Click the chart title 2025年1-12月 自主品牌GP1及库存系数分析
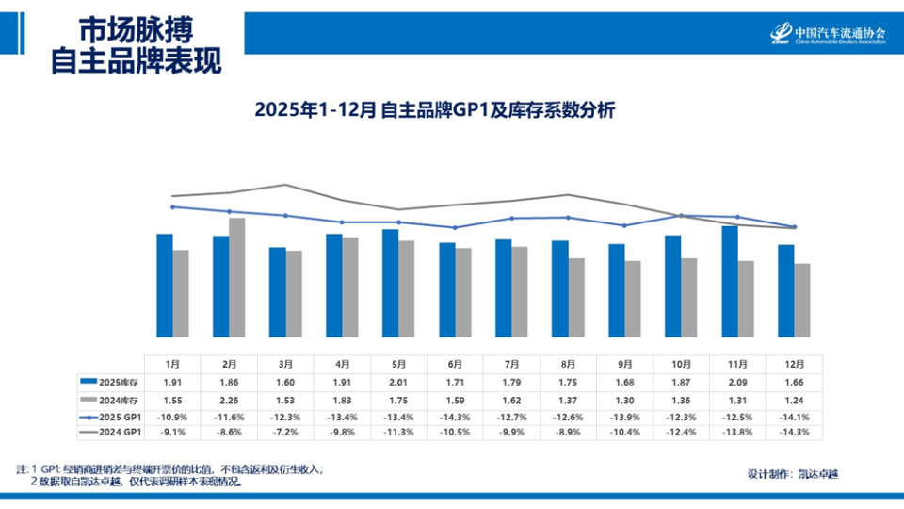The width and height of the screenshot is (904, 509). (434, 110)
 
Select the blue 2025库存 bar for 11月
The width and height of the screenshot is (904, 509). (729, 281)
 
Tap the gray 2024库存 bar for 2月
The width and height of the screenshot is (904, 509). (237, 277)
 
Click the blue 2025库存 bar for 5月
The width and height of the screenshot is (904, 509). (390, 283)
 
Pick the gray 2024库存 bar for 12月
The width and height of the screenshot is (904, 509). (802, 300)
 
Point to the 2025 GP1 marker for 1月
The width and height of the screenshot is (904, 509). (172, 206)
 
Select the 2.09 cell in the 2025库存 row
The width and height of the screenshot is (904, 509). (737, 381)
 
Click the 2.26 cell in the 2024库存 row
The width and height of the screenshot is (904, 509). (229, 399)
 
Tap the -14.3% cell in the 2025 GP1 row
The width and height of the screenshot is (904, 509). (455, 416)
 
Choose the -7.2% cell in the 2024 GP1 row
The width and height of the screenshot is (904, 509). (285, 433)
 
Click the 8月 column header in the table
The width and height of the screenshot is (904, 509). (568, 363)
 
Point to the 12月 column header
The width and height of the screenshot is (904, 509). (794, 363)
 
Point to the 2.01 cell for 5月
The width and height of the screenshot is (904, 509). (398, 381)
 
